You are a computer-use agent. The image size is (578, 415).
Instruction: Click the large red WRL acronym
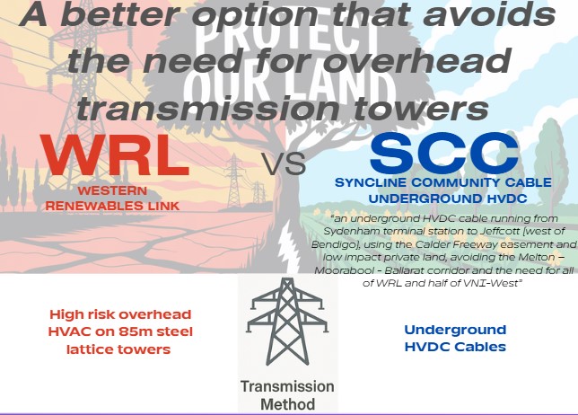pos(115,155)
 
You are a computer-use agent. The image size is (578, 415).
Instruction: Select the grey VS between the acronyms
pos(285,164)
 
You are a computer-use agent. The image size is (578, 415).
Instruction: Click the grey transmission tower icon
pos(287,322)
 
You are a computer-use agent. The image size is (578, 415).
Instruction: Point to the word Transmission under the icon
pos(287,386)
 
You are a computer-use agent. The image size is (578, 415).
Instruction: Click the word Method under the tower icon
pos(287,404)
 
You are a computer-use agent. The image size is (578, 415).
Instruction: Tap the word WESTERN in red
pos(112,190)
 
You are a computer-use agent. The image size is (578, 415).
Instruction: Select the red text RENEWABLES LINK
pos(112,206)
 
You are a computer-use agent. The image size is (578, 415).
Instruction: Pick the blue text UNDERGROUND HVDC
pos(448,199)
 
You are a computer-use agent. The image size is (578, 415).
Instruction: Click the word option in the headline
pos(255,15)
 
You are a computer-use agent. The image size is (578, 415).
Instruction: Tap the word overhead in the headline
pos(417,61)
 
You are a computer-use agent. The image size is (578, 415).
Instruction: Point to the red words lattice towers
pos(118,349)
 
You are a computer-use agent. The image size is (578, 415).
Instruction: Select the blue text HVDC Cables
pos(455,347)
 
